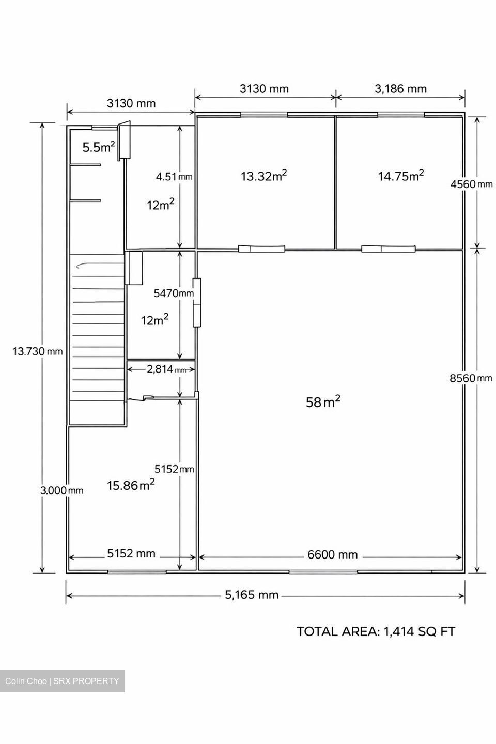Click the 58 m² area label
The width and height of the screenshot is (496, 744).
[x=323, y=401]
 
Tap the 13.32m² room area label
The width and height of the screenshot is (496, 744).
[x=264, y=176]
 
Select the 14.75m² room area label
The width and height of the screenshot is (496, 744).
[x=400, y=176]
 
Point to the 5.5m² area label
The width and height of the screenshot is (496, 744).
[x=99, y=147]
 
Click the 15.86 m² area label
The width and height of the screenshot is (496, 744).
[x=131, y=485]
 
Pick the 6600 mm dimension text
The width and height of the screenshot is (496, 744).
[x=332, y=554]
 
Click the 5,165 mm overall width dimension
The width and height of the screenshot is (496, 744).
[x=252, y=595]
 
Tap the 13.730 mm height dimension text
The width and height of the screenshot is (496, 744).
[x=38, y=351]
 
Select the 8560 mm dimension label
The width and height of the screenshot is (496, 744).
[x=471, y=378]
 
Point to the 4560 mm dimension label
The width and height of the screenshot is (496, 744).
[x=471, y=184]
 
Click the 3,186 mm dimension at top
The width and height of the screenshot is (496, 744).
[x=400, y=89]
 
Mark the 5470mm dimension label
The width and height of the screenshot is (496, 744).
[x=174, y=293]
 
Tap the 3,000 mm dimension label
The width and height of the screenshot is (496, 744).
[x=62, y=490]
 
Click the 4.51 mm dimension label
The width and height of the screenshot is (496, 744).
[x=174, y=176]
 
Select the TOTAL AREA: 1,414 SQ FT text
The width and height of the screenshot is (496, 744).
[x=376, y=631]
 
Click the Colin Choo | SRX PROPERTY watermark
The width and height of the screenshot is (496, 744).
[x=62, y=681]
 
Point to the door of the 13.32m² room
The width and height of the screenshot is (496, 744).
[x=261, y=249]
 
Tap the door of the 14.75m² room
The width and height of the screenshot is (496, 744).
[x=388, y=249]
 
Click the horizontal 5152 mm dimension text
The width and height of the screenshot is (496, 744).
[x=131, y=553]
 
